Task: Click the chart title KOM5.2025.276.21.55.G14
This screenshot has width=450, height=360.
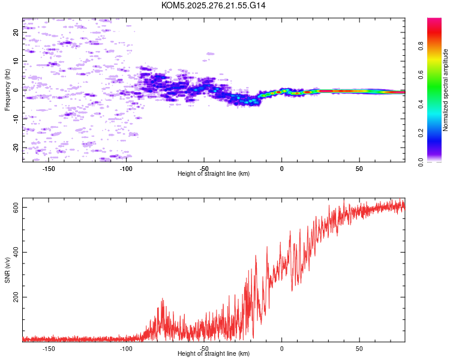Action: [214, 5]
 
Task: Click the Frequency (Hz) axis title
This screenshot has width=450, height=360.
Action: [7, 90]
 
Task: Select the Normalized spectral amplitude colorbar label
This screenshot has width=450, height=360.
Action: [446, 90]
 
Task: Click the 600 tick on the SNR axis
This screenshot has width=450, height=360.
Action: [16, 207]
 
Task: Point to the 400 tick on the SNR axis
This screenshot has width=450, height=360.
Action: [16, 252]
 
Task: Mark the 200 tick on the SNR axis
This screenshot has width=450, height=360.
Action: [16, 297]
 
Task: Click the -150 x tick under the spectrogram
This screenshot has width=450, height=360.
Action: [49, 168]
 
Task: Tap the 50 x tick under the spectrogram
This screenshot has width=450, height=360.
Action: [359, 168]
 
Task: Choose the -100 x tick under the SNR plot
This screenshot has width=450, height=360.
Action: [127, 348]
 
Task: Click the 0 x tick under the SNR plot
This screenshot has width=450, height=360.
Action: [281, 348]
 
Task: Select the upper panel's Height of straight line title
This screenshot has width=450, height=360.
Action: [214, 174]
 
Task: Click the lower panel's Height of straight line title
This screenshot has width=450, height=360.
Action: [214, 354]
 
